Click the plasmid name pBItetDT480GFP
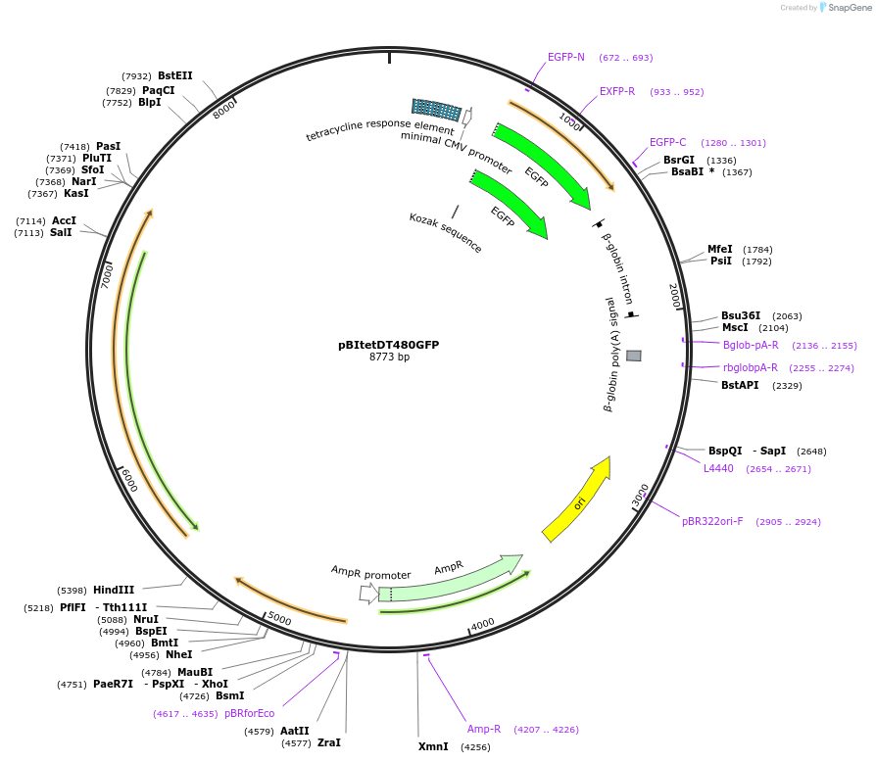388,345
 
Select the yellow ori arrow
578,500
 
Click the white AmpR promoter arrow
367,594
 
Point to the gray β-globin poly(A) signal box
634,356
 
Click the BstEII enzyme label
175,75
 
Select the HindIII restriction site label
114,590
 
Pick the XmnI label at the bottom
433,746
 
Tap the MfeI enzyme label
720,249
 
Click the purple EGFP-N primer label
566,57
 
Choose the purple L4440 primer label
718,468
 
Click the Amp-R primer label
484,729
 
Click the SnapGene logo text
850,8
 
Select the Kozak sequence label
446,232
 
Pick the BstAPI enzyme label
740,385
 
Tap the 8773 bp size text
389,358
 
